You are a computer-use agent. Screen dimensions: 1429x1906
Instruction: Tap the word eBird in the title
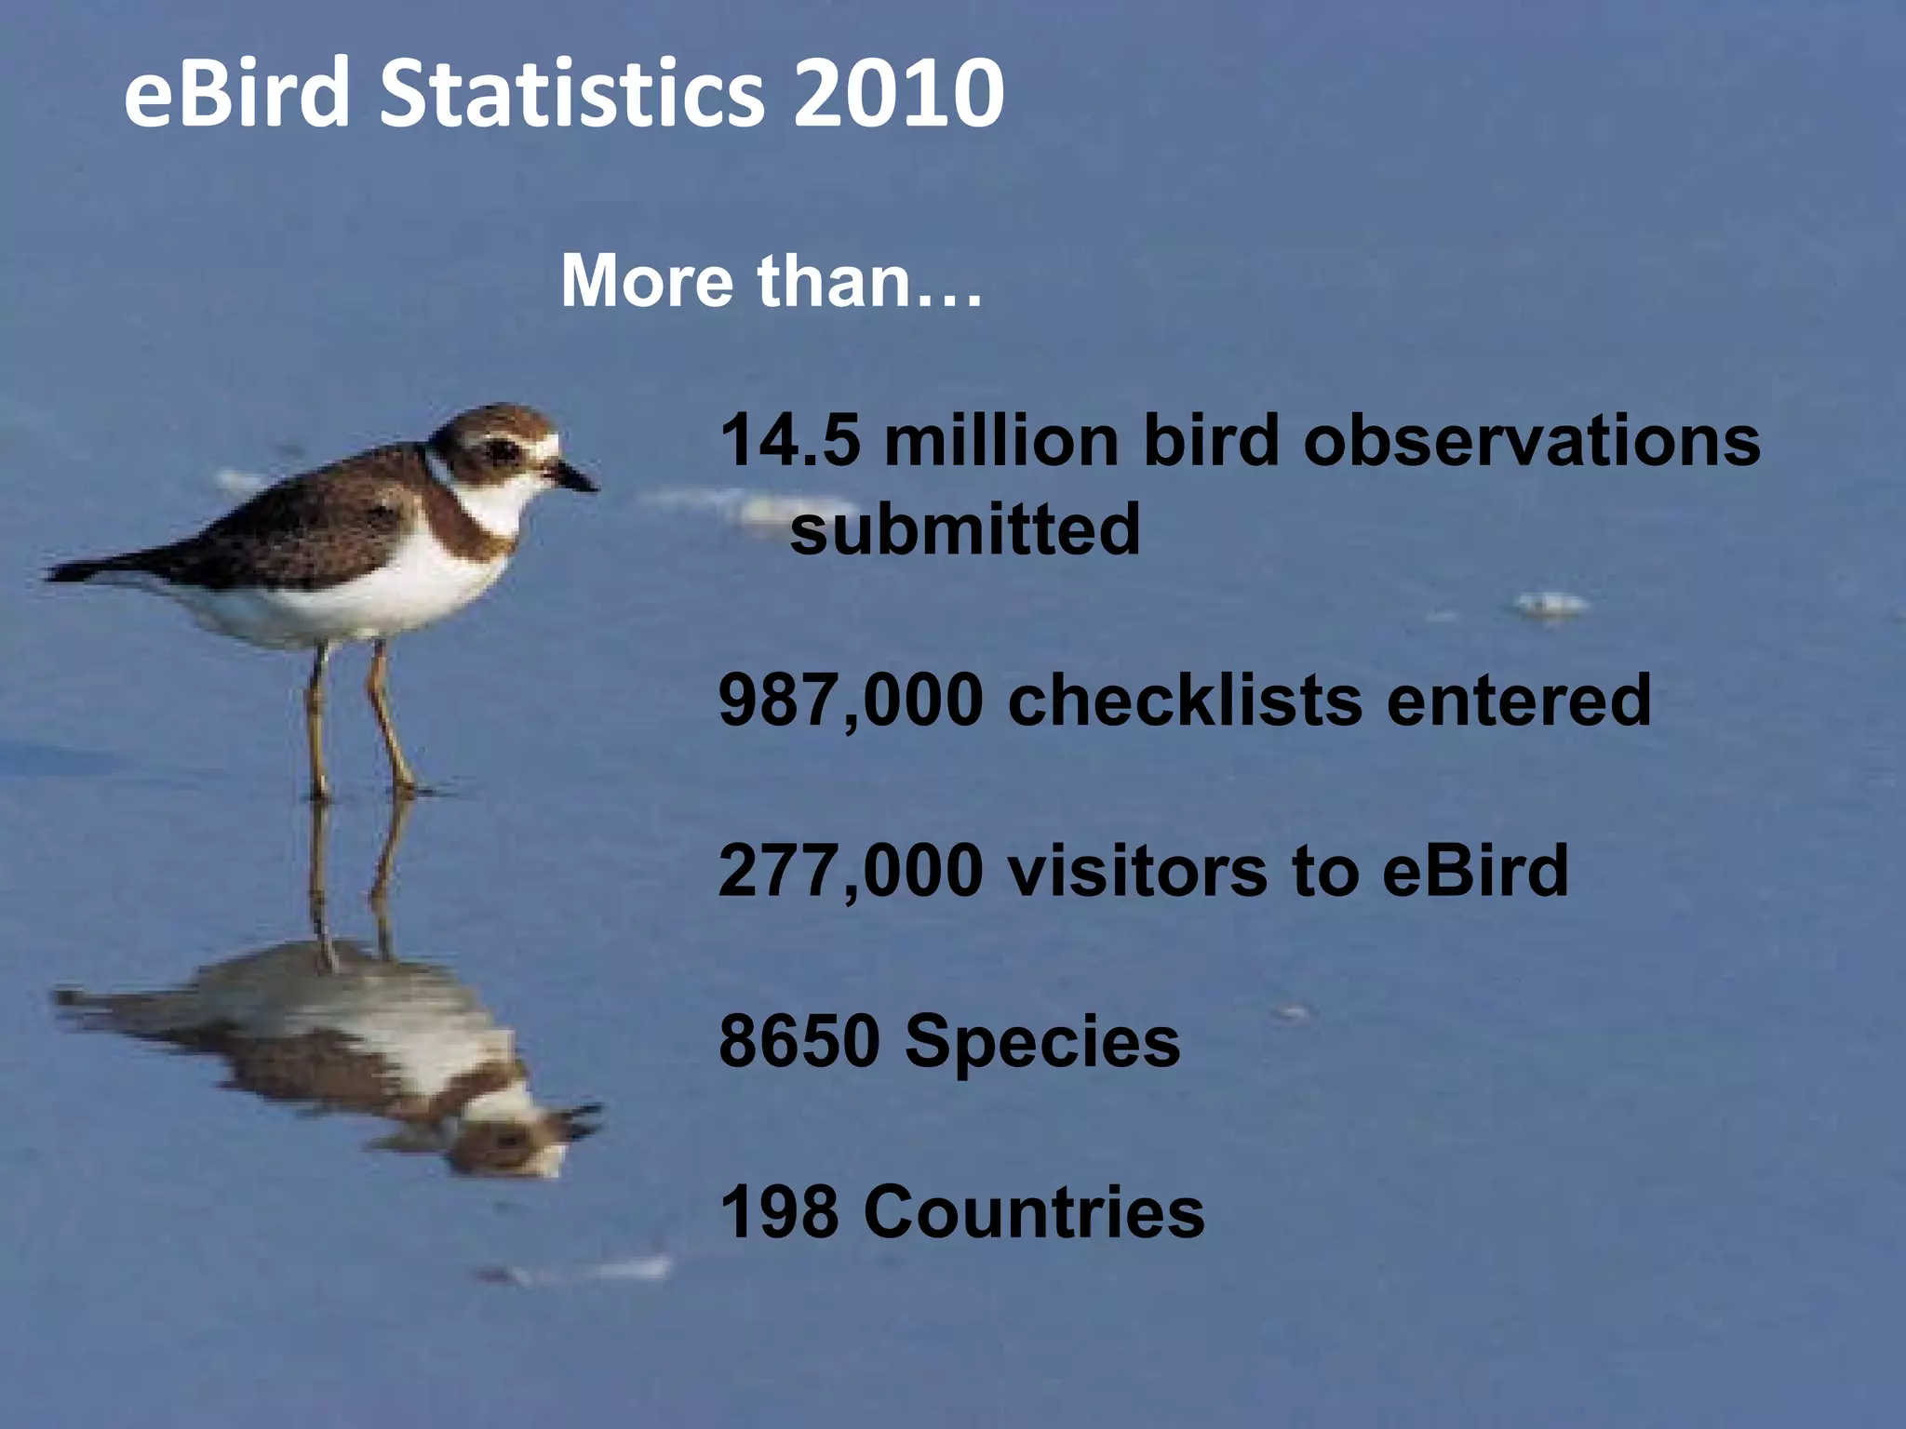point(236,93)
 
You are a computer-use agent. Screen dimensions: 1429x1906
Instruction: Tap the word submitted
point(965,528)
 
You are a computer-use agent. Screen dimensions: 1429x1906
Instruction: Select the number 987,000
point(851,701)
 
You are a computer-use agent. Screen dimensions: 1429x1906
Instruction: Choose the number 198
point(779,1212)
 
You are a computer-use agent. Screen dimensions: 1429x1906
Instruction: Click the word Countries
point(1034,1212)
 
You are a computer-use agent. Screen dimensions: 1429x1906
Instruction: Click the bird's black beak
point(576,478)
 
